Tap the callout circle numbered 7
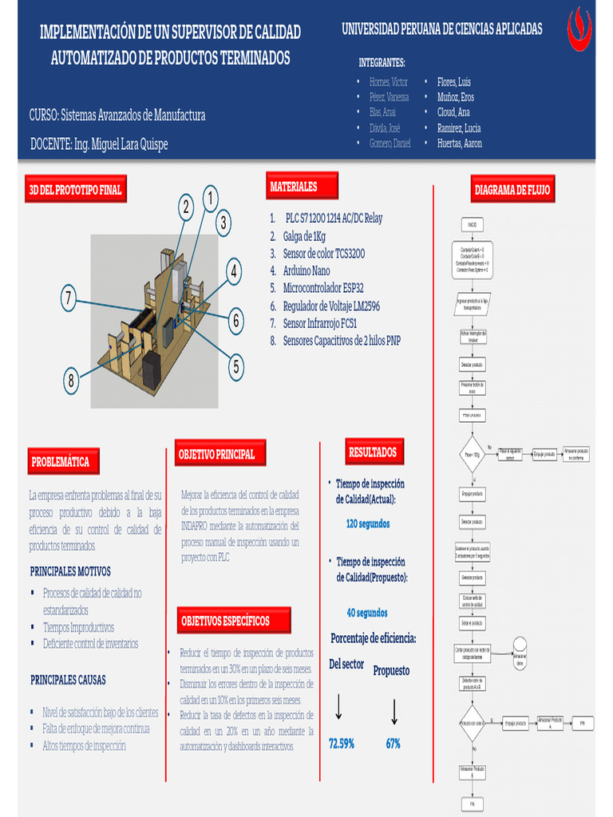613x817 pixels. pyautogui.click(x=69, y=300)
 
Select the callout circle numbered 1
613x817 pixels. pyautogui.click(x=211, y=198)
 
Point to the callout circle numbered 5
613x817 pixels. pyautogui.click(x=235, y=367)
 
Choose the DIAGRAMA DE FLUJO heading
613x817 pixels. pyautogui.click(x=512, y=190)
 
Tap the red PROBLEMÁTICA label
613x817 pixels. pyautogui.click(x=62, y=461)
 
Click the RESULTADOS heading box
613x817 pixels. pyautogui.click(x=373, y=452)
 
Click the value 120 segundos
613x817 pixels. pyautogui.click(x=368, y=524)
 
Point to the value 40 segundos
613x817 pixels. pyautogui.click(x=367, y=613)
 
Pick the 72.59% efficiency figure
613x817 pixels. pyautogui.click(x=342, y=744)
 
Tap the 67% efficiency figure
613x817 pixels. pyautogui.click(x=394, y=744)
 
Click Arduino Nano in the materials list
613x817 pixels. pyautogui.click(x=306, y=271)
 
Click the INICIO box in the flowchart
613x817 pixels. pyautogui.click(x=472, y=226)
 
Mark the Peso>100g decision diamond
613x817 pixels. pyautogui.click(x=473, y=455)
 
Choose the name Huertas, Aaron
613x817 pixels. pyautogui.click(x=459, y=144)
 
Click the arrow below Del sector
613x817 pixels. pyautogui.click(x=338, y=707)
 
